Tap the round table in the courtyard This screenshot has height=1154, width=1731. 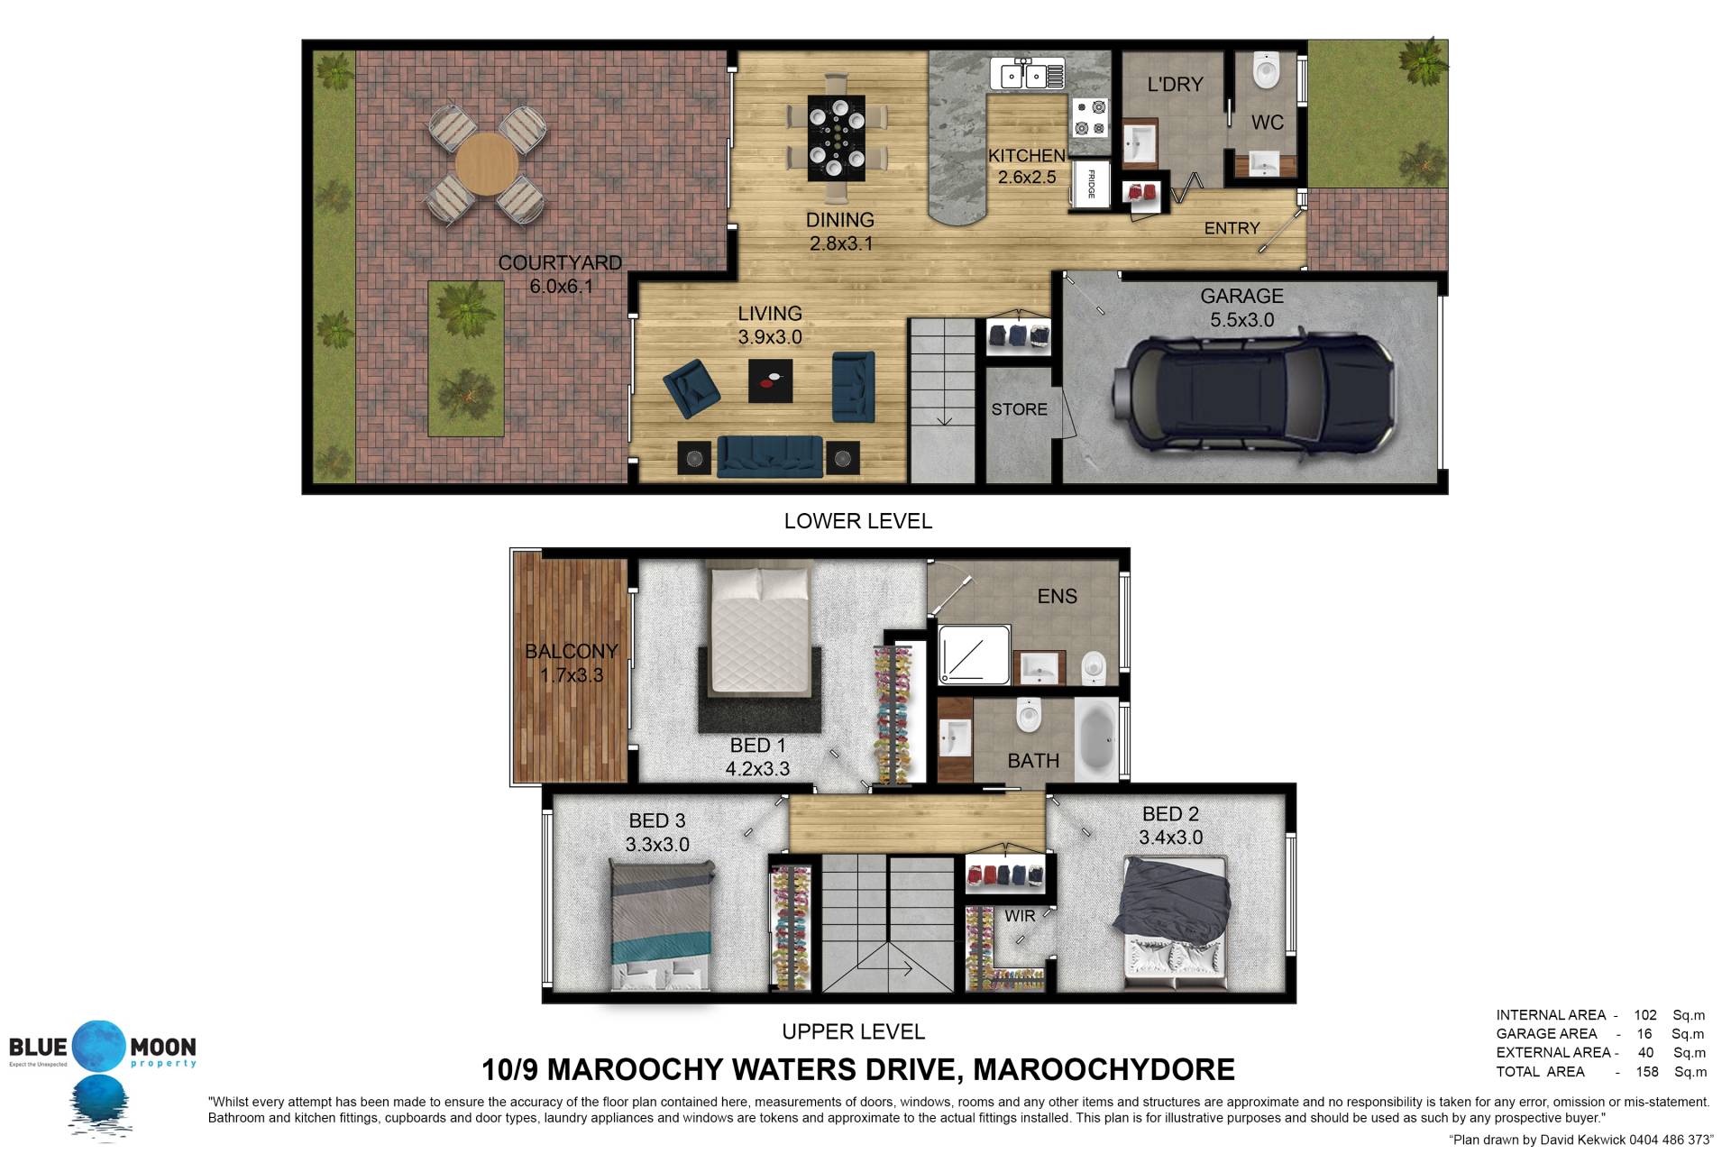(487, 165)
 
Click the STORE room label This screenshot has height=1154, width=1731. (1019, 409)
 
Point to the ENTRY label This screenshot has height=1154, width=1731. (1232, 229)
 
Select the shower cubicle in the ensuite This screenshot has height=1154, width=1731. (972, 655)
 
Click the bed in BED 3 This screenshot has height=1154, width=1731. (661, 925)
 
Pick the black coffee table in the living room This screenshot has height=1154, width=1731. (771, 380)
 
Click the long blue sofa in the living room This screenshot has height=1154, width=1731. (770, 457)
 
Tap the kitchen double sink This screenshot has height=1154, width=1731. (1027, 74)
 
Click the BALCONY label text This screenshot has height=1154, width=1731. (572, 651)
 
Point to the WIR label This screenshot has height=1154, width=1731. (1020, 916)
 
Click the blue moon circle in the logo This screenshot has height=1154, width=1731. (101, 1047)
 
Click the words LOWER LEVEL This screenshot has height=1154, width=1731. (857, 521)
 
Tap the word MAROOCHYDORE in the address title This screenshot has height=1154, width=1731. (1104, 1069)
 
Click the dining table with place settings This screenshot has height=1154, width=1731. (837, 136)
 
